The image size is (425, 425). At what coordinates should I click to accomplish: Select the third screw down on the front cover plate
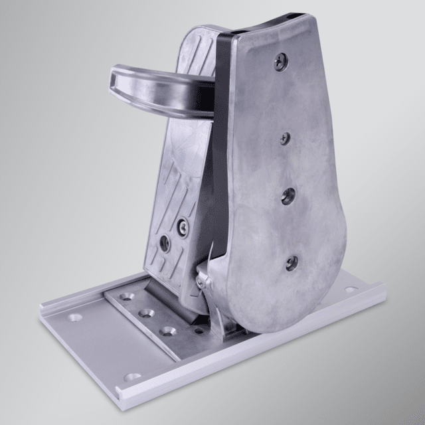point(288,196)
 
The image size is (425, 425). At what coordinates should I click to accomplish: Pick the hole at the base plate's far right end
point(351,289)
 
